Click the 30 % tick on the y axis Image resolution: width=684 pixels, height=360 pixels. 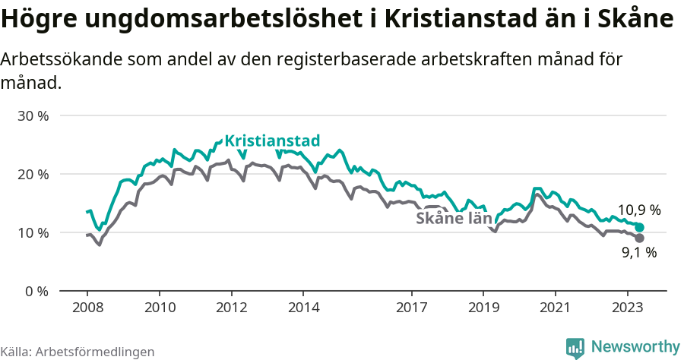click(33, 116)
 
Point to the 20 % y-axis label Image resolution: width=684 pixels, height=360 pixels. click(33, 174)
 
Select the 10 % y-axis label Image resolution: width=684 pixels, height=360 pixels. click(33, 232)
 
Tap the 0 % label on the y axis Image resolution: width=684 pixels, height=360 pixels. click(37, 291)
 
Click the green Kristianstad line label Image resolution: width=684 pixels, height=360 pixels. click(273, 141)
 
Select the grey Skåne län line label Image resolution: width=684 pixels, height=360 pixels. click(454, 219)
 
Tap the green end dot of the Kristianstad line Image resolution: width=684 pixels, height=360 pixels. click(639, 227)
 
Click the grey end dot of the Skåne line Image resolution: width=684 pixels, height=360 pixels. click(639, 238)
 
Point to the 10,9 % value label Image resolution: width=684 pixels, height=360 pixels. click(638, 210)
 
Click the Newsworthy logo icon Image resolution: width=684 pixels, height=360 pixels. click(575, 347)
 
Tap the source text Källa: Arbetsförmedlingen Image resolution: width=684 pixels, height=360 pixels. click(78, 352)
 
